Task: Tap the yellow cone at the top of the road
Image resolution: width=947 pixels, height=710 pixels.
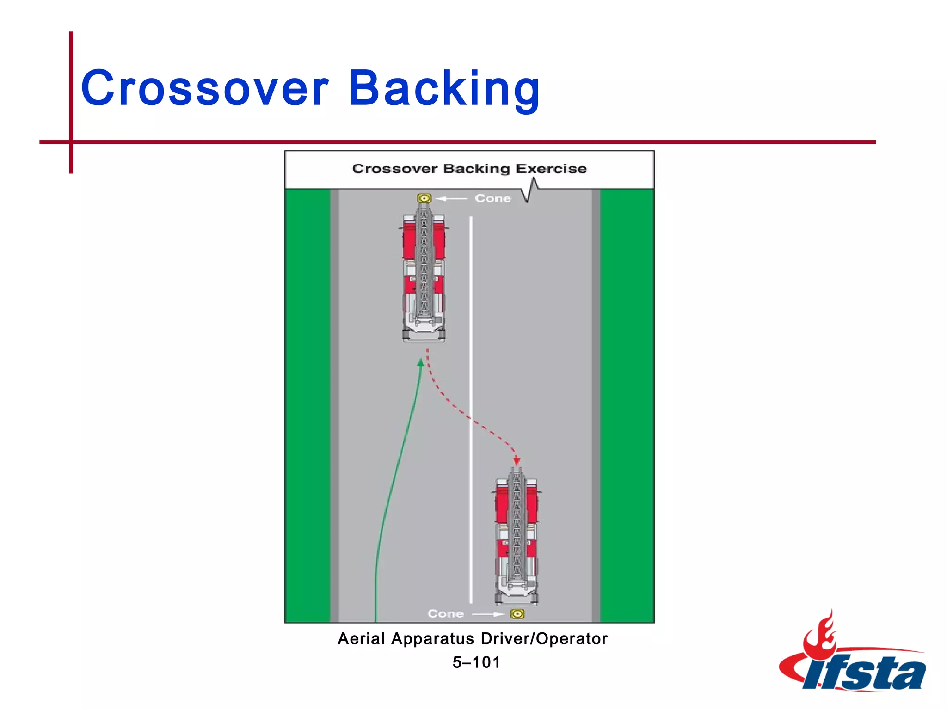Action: tap(424, 198)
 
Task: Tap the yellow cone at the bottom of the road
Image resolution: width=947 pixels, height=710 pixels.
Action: tap(517, 614)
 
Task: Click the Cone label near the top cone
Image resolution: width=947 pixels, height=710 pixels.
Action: tap(493, 198)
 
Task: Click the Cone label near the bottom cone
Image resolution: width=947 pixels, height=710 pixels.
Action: tap(445, 614)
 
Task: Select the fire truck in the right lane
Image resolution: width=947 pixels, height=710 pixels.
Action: tap(517, 539)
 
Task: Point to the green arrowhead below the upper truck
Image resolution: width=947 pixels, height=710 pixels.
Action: tap(421, 363)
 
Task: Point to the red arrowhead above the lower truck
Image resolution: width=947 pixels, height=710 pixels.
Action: tap(517, 461)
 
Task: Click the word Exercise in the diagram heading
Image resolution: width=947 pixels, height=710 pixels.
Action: tap(551, 168)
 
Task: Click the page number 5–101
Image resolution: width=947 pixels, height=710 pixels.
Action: tap(476, 662)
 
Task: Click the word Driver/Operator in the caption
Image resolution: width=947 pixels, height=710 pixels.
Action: tap(544, 639)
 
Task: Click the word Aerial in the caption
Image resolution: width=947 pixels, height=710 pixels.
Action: tap(361, 639)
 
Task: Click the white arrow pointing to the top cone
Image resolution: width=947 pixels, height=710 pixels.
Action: tap(451, 199)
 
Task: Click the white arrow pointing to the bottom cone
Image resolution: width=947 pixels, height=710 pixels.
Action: tap(488, 614)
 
